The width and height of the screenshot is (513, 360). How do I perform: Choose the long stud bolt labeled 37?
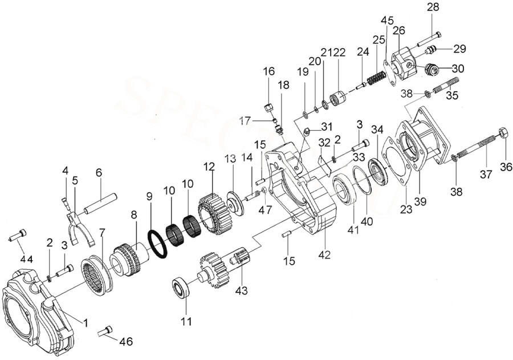click(x=473, y=151)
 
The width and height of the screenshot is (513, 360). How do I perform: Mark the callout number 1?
click(x=85, y=323)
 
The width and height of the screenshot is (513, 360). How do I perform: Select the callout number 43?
click(x=242, y=291)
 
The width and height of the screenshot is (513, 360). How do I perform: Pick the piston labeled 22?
click(x=336, y=98)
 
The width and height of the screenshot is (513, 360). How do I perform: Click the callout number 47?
click(x=266, y=210)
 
